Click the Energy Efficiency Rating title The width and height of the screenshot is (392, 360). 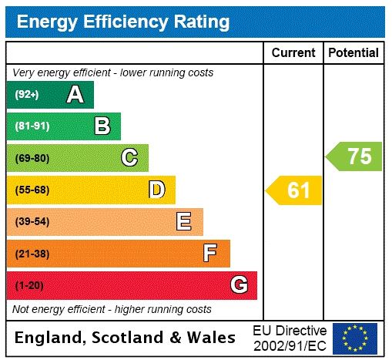coord(123,22)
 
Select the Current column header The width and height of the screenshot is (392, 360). coord(293,52)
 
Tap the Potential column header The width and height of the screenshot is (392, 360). coord(353,52)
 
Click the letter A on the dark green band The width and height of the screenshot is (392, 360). coord(75,95)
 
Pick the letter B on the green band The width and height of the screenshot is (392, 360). coord(102,126)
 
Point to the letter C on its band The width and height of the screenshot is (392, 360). coord(129,158)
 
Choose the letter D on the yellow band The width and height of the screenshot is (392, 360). coord(156,190)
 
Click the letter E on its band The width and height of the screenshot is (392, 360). coord(184,222)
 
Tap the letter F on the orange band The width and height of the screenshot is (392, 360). coord(210,253)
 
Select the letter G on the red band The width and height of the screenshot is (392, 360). coord(239,285)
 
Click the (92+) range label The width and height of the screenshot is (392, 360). coord(27,95)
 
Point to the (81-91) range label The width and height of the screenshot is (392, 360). coord(32,126)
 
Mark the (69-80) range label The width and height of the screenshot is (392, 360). coord(32,158)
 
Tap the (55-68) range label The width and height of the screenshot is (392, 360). coord(32,190)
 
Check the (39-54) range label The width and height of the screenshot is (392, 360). coord(32,222)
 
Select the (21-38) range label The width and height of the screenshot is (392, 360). coord(32,253)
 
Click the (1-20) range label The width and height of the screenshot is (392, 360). coord(29,285)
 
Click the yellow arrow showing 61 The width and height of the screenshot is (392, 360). coord(295,190)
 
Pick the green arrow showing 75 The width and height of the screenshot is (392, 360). coord(355,156)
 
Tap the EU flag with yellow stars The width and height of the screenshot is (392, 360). coord(355,338)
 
